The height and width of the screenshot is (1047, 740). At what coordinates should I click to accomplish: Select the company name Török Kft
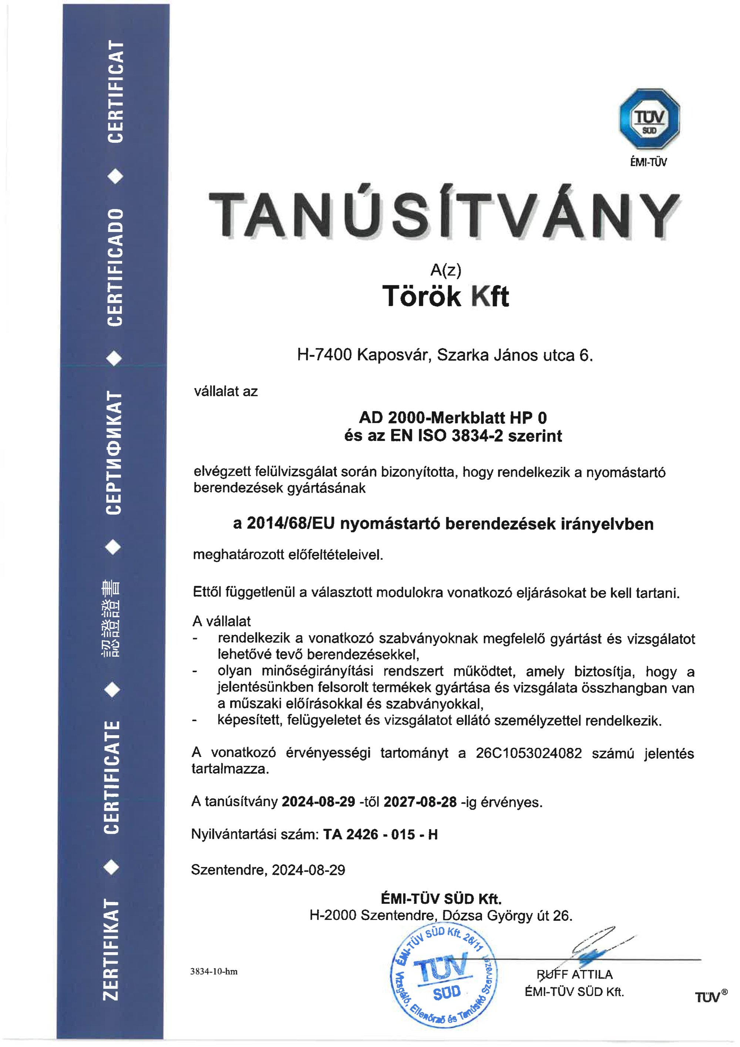point(445,296)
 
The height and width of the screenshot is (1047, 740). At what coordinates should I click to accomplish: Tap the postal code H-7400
point(324,355)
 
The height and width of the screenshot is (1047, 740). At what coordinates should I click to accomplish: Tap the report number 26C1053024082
point(529,753)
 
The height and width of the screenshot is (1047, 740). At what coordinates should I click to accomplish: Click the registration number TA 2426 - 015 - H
point(380,835)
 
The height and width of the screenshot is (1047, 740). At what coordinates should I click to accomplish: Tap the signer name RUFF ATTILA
point(575,974)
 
